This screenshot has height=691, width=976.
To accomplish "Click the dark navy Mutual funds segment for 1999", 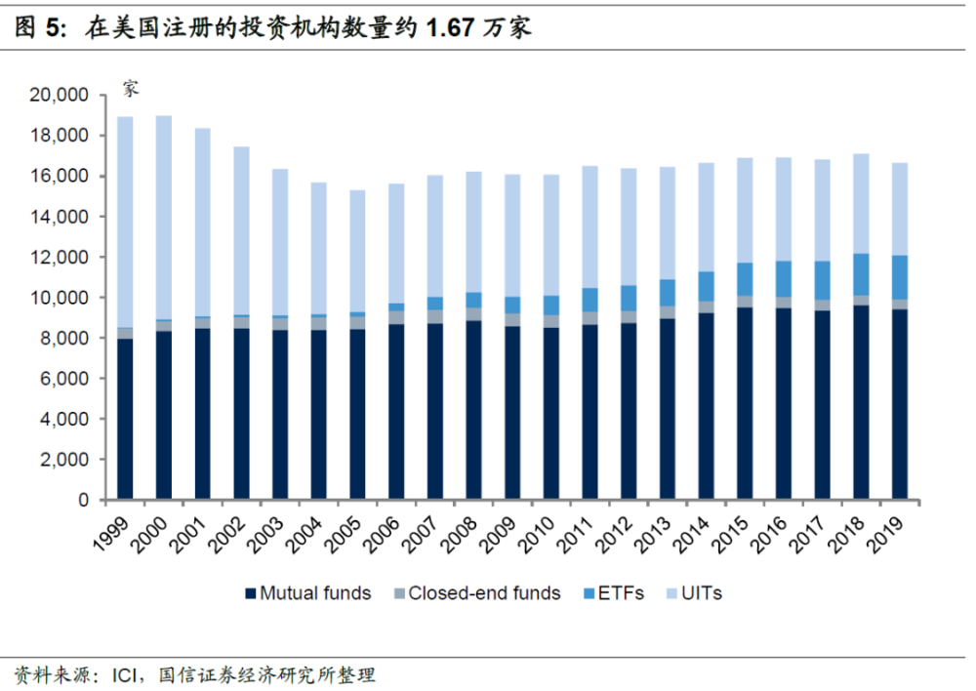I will coord(125,420).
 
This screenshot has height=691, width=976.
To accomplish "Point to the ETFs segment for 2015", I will coord(746,279).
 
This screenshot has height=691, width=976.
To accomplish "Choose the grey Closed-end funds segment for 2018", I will coord(861,300).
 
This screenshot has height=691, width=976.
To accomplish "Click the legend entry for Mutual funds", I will coord(308,592).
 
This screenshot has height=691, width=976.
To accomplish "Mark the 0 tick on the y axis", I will coord(84,500).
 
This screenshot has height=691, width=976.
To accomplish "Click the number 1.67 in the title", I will coord(450,28).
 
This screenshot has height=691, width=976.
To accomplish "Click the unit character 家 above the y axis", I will coord(131,88).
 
